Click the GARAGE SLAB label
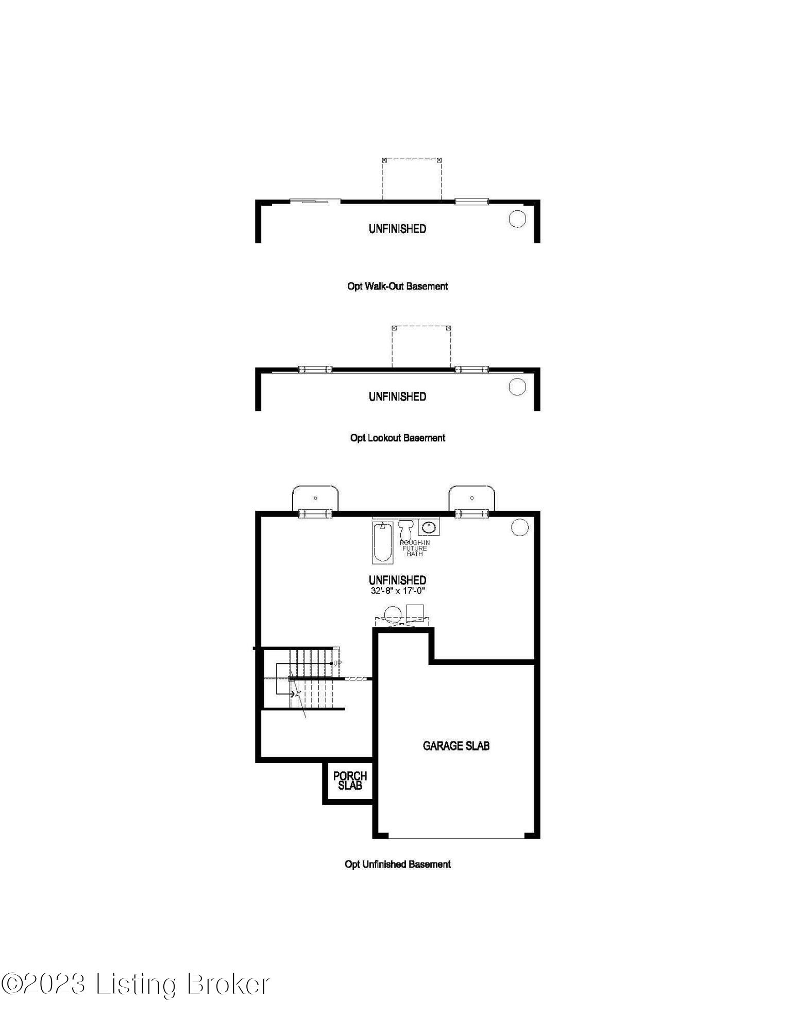456,746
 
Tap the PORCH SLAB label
350,780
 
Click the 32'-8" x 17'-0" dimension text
397,591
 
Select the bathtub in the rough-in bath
382,542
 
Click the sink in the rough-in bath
429,527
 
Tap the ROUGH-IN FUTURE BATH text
415,548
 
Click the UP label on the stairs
337,663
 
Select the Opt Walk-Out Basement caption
397,286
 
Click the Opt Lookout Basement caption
397,438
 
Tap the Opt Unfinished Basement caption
397,864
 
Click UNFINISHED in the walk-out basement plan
397,229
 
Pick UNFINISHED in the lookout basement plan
397,397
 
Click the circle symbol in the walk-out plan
517,219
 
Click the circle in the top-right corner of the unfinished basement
520,527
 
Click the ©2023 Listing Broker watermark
135,984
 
